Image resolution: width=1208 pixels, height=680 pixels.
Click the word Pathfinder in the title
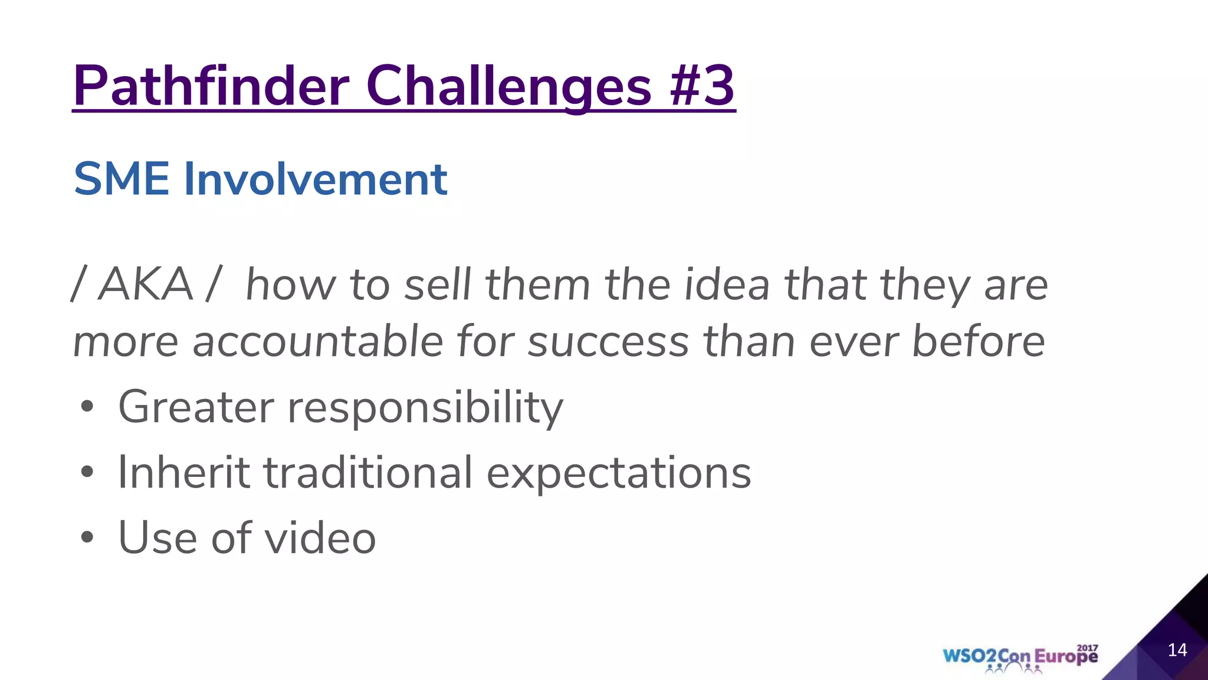pyautogui.click(x=211, y=86)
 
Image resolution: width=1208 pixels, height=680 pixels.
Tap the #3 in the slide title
pyautogui.click(x=702, y=86)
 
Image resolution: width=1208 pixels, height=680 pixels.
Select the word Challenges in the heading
pyautogui.click(x=508, y=86)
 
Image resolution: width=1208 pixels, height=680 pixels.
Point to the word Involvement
pyautogui.click(x=316, y=179)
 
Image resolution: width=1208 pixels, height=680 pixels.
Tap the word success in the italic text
pyautogui.click(x=608, y=342)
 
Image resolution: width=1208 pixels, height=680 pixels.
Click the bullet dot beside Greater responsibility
pyautogui.click(x=87, y=407)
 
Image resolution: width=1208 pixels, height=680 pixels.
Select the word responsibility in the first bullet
pyautogui.click(x=425, y=407)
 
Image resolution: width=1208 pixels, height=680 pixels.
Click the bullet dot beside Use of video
pyautogui.click(x=87, y=538)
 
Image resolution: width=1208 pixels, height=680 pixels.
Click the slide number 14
pyautogui.click(x=1177, y=650)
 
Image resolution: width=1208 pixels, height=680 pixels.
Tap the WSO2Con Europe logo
pyautogui.click(x=1020, y=657)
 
